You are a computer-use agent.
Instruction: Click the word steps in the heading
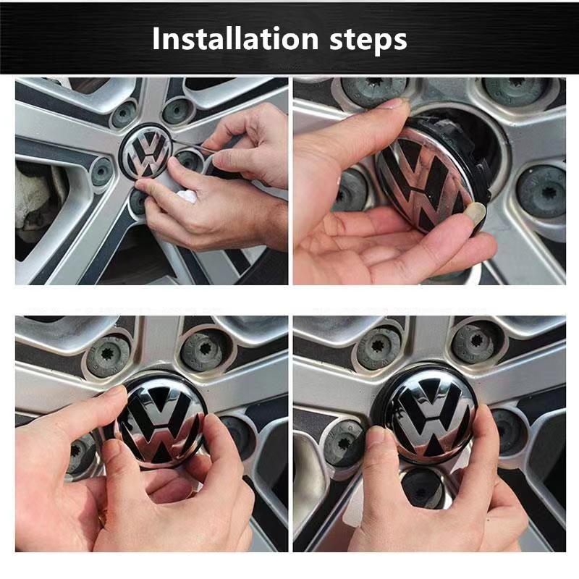coord(371,41)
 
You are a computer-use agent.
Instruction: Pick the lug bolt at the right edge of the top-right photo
coord(543,190)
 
